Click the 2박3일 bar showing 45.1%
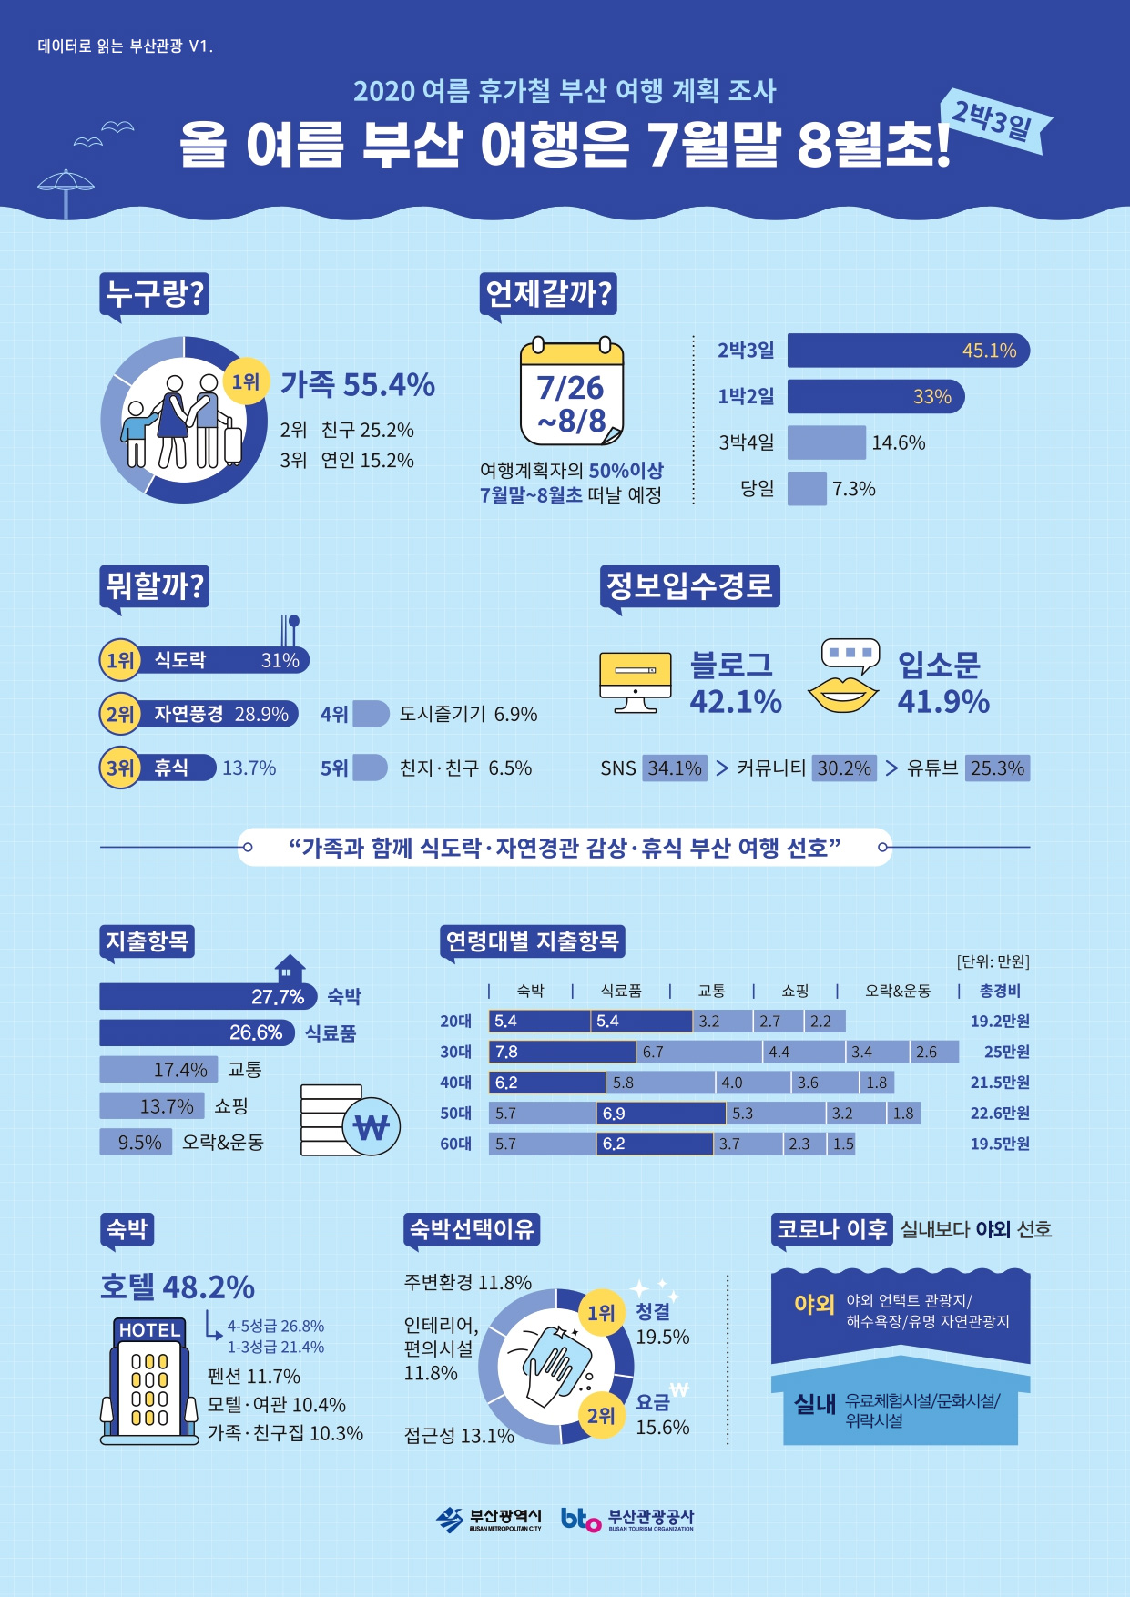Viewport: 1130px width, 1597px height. [x=908, y=351]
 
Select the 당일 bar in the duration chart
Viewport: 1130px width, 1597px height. [x=806, y=489]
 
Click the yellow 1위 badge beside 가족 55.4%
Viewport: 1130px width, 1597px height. [x=246, y=381]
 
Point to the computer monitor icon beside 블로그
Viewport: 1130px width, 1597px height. [x=635, y=681]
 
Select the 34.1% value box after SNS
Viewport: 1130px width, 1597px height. [x=675, y=768]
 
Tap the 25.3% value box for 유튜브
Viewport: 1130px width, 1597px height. [x=997, y=768]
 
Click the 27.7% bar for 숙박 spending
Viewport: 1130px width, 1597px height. [x=208, y=997]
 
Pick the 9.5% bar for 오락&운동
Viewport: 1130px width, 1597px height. [x=138, y=1143]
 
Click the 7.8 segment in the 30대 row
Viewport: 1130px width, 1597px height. [x=562, y=1053]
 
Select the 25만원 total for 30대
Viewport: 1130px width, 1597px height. [x=1006, y=1053]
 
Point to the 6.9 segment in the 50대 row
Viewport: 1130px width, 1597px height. [x=661, y=1114]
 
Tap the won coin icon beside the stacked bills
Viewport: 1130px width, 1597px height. [x=372, y=1127]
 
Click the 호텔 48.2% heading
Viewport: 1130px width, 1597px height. [x=178, y=1287]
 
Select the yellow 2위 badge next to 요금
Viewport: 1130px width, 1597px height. [x=601, y=1416]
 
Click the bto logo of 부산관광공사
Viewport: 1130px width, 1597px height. [x=580, y=1519]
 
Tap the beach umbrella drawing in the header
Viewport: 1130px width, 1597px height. [x=66, y=191]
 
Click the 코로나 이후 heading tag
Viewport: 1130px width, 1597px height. [x=831, y=1229]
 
